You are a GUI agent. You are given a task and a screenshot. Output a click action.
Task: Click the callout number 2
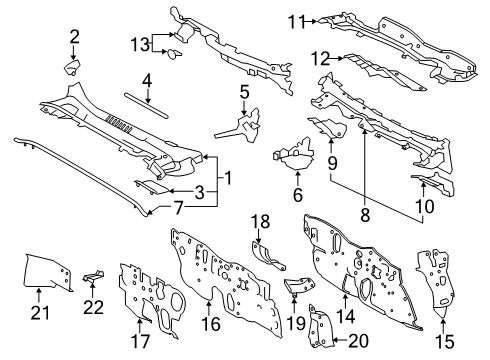pos(74,37)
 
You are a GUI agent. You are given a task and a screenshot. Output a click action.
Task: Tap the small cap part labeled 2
pos(72,67)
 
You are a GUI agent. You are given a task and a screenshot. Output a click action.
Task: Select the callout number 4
pos(147,81)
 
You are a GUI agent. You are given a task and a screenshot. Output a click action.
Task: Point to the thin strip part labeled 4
pos(146,105)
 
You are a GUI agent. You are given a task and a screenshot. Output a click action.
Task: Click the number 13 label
pos(140,44)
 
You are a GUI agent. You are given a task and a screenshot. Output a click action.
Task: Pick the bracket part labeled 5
pos(242,125)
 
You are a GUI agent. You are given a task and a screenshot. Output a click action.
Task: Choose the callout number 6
pos(297,195)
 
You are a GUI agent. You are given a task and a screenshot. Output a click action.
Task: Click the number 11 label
pos(296,22)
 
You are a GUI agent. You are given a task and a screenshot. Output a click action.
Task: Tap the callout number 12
pos(320,59)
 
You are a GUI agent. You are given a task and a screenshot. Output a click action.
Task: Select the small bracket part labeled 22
pos(93,275)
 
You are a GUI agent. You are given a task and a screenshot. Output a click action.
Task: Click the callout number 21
pos(40,313)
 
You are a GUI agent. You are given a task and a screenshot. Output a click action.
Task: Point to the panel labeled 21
pos(48,272)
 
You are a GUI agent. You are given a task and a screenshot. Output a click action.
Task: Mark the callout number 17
pos(140,341)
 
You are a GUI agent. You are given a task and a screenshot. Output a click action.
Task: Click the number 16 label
pos(211,324)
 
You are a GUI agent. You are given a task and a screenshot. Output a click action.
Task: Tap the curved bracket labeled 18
pos(267,256)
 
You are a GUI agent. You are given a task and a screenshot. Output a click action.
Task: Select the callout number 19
pos(296,323)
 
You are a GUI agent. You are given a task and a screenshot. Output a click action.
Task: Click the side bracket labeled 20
pos(320,326)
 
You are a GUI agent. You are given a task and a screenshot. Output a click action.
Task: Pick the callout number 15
pos(445,341)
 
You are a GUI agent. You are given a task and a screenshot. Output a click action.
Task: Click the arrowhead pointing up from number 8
pos(364,132)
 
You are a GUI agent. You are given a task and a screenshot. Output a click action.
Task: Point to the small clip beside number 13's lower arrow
pos(174,54)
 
